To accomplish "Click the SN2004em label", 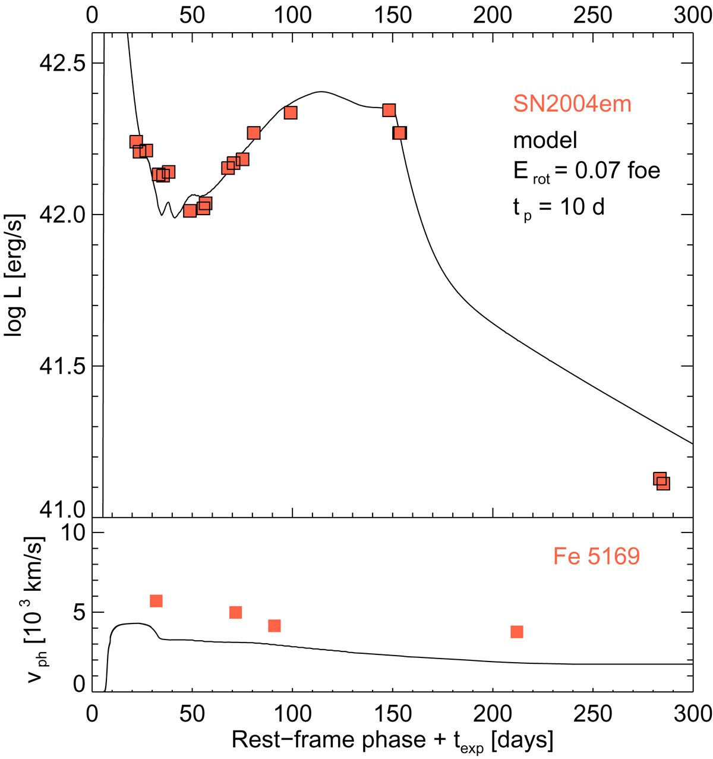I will (572, 104).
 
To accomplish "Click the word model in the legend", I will (545, 140).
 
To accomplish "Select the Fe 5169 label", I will (596, 556).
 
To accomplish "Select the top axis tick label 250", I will (592, 14).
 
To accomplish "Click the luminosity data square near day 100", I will (290, 112).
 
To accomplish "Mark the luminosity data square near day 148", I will (389, 110).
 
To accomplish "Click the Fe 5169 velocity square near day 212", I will (517, 632).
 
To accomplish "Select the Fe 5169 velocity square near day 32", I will (156, 601).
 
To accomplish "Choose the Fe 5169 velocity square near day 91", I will (274, 626).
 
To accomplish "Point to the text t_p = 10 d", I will (559, 208).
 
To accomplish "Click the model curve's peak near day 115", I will (321, 92).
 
